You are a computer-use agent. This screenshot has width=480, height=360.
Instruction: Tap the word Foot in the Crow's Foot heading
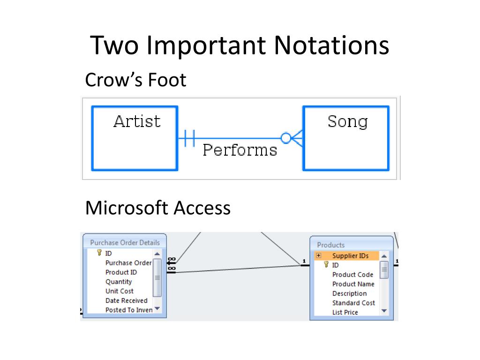(167, 80)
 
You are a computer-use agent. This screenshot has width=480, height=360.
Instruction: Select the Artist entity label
(137, 121)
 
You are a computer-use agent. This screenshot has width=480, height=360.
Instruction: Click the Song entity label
(347, 121)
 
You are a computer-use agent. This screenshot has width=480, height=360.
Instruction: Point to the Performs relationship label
(240, 150)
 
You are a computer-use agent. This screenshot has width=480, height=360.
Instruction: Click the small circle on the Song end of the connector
(286, 138)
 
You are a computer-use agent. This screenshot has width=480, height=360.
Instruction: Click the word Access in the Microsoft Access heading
(202, 208)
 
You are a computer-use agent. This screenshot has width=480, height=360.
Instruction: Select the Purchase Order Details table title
(125, 242)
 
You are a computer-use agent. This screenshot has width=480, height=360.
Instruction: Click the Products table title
(330, 245)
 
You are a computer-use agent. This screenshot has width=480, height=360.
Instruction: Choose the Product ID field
(121, 272)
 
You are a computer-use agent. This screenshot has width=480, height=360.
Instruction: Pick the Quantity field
(119, 282)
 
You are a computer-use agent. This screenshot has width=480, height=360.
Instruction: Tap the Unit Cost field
(119, 291)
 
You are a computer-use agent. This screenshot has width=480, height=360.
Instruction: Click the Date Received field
(126, 300)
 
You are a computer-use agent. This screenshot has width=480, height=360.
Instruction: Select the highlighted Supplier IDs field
(350, 255)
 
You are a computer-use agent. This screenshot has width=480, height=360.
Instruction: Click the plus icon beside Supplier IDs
(319, 255)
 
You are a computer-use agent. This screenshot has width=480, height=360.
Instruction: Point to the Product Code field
(352, 275)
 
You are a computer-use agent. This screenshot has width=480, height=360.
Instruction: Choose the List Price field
(345, 312)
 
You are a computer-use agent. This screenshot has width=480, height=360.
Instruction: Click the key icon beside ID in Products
(326, 265)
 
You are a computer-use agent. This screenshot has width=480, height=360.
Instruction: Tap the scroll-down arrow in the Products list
(384, 310)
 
